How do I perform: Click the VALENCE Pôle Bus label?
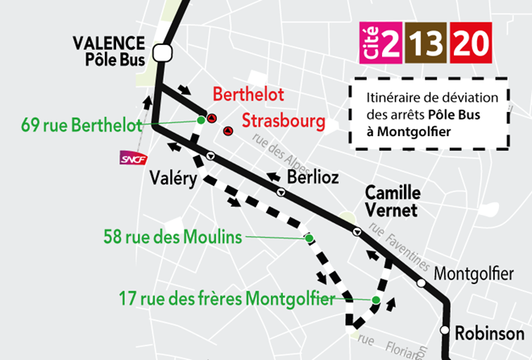(109, 50)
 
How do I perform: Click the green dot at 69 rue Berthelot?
(201, 121)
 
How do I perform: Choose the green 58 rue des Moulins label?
(172, 237)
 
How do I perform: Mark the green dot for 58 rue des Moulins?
(308, 238)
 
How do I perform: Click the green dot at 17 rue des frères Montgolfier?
(376, 300)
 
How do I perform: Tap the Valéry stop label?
(172, 180)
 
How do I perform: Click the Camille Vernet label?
(393, 201)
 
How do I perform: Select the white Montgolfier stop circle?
(421, 283)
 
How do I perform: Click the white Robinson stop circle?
(444, 330)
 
